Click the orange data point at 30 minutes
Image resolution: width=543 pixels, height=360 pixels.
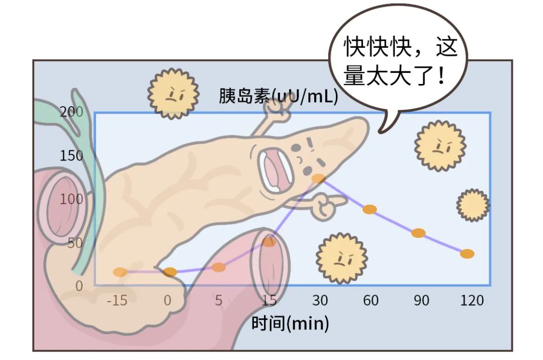(x=319, y=178)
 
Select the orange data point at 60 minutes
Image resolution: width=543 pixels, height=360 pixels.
(x=370, y=209)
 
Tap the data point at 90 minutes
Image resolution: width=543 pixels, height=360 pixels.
(x=418, y=233)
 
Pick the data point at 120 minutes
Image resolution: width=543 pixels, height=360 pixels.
(x=467, y=254)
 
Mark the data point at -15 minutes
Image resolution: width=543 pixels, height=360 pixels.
(x=120, y=272)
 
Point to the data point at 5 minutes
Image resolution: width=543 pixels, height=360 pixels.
(x=219, y=267)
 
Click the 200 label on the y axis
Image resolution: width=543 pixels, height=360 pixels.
(x=71, y=112)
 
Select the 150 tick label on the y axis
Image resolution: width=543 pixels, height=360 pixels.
(x=71, y=156)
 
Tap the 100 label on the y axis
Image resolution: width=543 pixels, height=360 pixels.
(x=71, y=199)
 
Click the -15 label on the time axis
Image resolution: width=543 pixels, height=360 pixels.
(x=117, y=301)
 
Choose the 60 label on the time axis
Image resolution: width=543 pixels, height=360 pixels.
(x=371, y=301)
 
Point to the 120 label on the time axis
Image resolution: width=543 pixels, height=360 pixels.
(x=472, y=301)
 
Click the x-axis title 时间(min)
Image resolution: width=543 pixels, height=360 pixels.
(x=290, y=323)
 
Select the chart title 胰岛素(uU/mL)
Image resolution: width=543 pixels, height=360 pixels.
(x=278, y=96)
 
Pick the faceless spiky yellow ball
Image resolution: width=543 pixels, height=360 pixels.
(x=473, y=205)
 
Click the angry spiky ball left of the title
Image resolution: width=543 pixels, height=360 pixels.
(x=173, y=94)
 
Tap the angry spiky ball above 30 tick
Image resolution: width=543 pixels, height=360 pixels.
(x=342, y=258)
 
